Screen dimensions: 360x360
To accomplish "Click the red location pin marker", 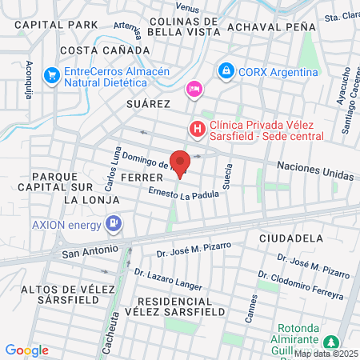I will (181, 162).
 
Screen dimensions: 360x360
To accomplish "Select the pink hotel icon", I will (194, 89).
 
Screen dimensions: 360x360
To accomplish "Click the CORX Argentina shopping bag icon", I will (227, 71).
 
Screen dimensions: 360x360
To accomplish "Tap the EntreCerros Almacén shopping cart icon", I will (52, 76).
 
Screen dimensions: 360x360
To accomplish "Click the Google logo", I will (26, 350).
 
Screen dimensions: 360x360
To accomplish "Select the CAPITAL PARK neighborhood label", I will (54, 25).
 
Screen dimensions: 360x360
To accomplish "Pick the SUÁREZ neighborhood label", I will (149, 104).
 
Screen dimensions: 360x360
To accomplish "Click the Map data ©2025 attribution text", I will (326, 353).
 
